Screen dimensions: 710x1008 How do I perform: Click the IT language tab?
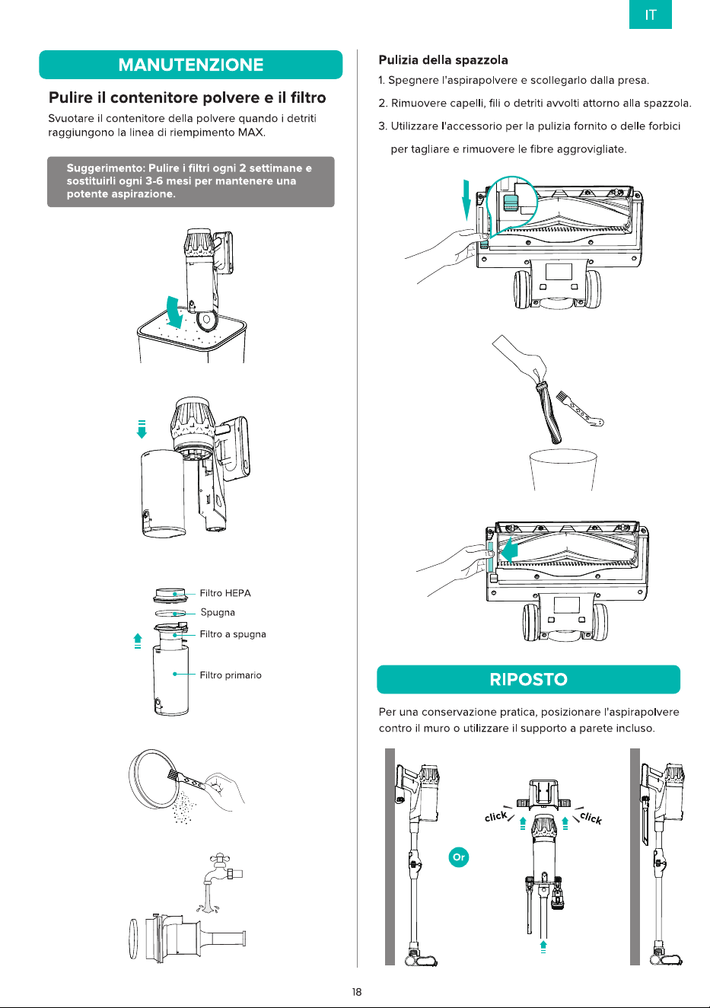click(x=650, y=14)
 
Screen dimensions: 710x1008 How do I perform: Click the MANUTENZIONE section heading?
click(x=191, y=65)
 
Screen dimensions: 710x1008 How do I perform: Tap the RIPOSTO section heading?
click(x=528, y=679)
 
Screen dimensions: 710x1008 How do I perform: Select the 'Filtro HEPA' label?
click(x=225, y=593)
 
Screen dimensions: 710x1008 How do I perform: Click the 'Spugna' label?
click(x=218, y=612)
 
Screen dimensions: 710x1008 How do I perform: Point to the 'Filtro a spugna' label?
click(x=233, y=634)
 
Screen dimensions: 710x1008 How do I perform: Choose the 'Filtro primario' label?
click(x=231, y=675)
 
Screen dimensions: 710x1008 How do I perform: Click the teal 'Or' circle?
click(x=458, y=856)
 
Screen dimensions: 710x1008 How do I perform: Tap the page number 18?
click(x=356, y=992)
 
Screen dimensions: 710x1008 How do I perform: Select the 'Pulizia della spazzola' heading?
click(x=443, y=60)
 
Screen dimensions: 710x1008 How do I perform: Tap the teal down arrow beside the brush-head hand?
click(x=466, y=199)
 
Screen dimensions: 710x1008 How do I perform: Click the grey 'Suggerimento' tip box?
click(x=191, y=182)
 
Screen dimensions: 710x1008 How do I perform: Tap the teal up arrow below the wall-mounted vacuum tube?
click(x=543, y=946)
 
